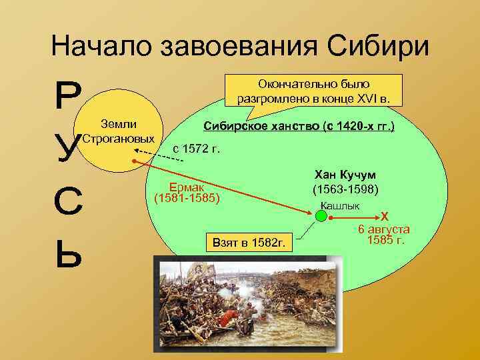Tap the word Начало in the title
pyautogui.click(x=102, y=47)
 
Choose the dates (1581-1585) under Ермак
pyautogui.click(x=187, y=199)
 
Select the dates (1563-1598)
pyautogui.click(x=345, y=190)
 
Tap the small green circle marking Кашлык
pyautogui.click(x=321, y=216)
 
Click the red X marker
pyautogui.click(x=384, y=217)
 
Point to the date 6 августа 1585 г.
pyautogui.click(x=384, y=235)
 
